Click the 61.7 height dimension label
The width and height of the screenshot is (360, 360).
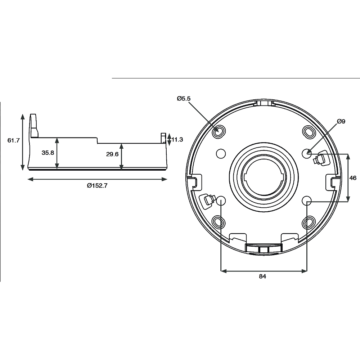pyautogui.click(x=13, y=140)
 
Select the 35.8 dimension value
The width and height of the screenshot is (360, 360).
pyautogui.click(x=48, y=153)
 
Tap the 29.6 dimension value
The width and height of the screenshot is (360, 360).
pyautogui.click(x=112, y=154)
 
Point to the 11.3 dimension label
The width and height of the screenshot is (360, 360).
pyautogui.click(x=177, y=140)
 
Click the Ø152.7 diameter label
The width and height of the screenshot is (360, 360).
pyautogui.click(x=97, y=185)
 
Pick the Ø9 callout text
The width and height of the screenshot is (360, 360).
pyautogui.click(x=341, y=122)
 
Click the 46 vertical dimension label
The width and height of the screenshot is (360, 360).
pyautogui.click(x=353, y=178)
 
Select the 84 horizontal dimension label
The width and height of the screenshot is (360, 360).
pyautogui.click(x=262, y=276)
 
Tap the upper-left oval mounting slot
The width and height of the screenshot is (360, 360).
pyautogui.click(x=218, y=132)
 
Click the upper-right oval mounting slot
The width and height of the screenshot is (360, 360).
pyautogui.click(x=309, y=132)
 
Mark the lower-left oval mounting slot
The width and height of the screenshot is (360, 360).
pyautogui.click(x=218, y=222)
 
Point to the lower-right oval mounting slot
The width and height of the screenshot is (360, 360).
pyautogui.click(x=309, y=222)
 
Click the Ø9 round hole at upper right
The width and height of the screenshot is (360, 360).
pyautogui.click(x=306, y=153)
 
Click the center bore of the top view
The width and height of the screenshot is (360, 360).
pyautogui.click(x=263, y=177)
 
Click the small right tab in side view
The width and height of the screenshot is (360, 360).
pyautogui.click(x=163, y=138)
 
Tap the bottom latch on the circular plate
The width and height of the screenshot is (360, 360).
pyautogui.click(x=263, y=248)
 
